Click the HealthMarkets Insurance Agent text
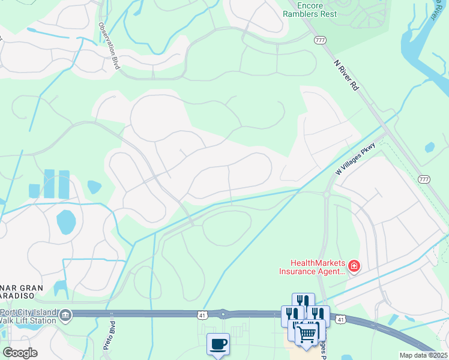pos(314,266)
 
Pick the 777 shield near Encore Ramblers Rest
pos(319,39)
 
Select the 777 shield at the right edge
pos(424,179)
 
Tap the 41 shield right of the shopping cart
pos(340,320)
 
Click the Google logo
pos(20,352)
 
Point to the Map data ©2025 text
pos(423,355)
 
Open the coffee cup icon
pos(218,344)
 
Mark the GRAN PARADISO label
pos(22,292)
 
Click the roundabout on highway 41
pos(223,313)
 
